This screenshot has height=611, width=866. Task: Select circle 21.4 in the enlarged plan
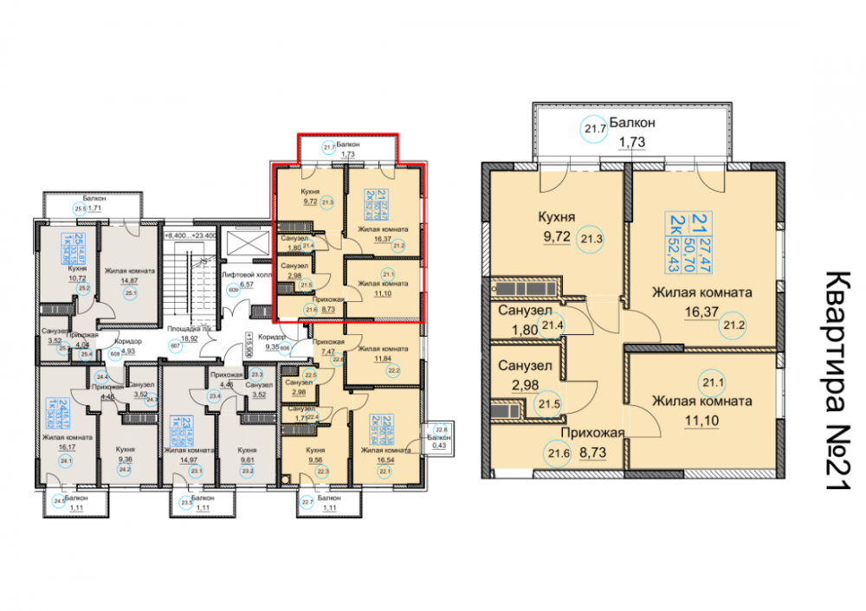pyautogui.click(x=551, y=325)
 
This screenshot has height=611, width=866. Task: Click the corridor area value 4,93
pyautogui.click(x=127, y=351)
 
